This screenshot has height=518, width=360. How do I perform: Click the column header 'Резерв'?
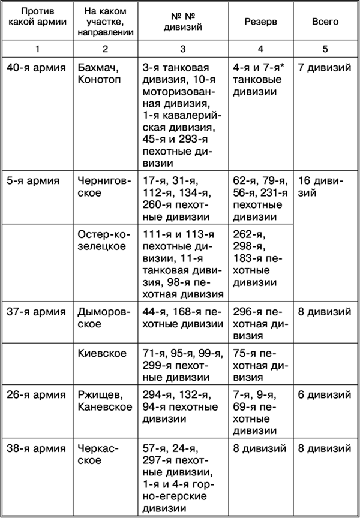(x=260, y=22)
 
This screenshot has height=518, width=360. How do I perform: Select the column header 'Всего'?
(x=325, y=22)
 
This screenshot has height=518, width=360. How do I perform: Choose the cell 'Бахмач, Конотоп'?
(x=100, y=74)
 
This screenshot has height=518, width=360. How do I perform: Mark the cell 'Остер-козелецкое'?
(x=101, y=240)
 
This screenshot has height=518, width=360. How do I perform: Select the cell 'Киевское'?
(x=102, y=353)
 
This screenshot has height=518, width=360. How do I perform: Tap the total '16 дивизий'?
(x=324, y=187)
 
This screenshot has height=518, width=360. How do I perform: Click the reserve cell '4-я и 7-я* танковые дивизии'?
(x=260, y=80)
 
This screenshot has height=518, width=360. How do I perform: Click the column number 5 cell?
(x=325, y=48)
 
